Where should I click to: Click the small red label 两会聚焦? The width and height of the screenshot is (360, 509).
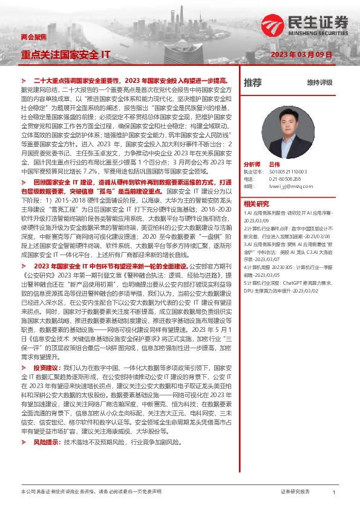pos(32,37)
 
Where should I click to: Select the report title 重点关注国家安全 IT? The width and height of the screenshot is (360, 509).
pos(65,54)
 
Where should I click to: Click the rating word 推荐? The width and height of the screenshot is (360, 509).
pos(253,82)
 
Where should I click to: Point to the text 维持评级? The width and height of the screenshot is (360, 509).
pos(319,82)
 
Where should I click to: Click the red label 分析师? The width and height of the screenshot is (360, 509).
pos(252,164)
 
